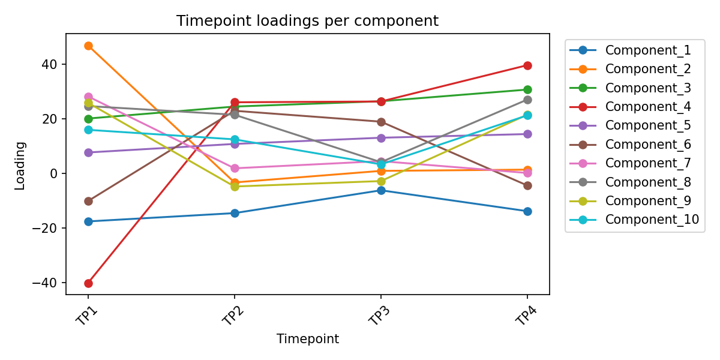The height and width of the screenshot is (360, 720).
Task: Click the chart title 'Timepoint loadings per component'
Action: coord(307,21)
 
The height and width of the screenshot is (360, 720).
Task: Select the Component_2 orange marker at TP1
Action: coord(88,46)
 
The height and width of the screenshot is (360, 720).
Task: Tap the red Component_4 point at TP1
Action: coord(88,283)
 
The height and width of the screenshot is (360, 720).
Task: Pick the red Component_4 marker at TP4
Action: coord(527,65)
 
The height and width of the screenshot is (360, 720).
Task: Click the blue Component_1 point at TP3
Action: coord(381,190)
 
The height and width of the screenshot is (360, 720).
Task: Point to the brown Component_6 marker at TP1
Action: coord(88,201)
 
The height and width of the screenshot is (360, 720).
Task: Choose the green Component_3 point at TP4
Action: coord(527,89)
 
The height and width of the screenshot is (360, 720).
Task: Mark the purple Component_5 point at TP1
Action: coord(88,152)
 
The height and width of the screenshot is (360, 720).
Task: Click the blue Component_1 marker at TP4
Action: coord(527,211)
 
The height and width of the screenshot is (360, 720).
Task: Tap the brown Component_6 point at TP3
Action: coord(381,122)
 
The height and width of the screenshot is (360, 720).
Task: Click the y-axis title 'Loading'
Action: coord(20,166)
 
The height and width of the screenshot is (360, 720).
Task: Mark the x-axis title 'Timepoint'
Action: coord(307,339)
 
